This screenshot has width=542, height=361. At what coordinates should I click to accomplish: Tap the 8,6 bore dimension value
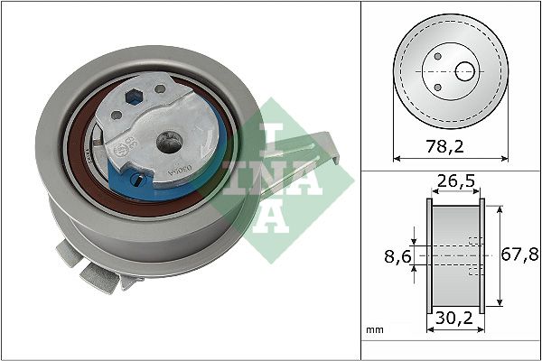(392, 256)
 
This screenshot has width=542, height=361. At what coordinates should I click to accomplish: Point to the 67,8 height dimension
(517, 256)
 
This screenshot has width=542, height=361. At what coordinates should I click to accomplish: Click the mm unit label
(376, 331)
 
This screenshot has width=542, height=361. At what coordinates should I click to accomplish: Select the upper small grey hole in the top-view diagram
(437, 56)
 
